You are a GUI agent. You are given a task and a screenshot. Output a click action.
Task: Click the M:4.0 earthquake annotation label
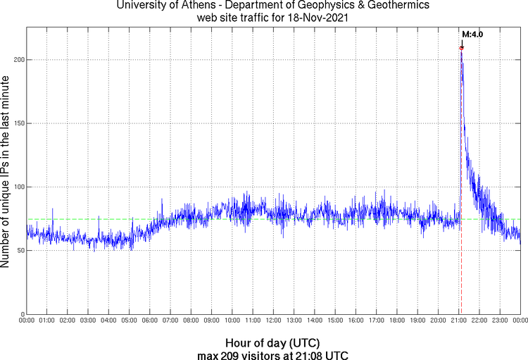(472, 34)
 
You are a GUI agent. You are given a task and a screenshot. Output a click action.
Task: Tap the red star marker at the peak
(462, 48)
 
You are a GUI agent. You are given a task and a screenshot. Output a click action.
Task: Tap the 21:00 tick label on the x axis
(459, 321)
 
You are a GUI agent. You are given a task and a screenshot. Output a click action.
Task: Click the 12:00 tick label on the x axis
(274, 321)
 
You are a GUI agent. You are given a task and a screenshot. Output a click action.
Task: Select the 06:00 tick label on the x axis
(150, 321)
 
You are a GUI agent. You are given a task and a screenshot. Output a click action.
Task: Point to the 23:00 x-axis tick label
(500, 321)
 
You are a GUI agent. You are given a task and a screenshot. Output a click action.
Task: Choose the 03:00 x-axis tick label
(89, 321)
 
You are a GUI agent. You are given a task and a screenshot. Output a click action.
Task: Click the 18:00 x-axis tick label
(397, 321)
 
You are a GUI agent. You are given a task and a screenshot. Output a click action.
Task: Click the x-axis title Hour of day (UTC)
(274, 342)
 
